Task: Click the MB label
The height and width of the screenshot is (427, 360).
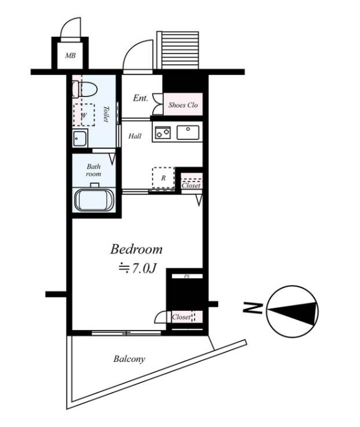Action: (x=70, y=56)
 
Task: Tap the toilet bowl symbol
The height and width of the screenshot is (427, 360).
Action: (x=85, y=88)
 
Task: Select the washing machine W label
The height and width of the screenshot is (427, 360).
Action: (x=84, y=116)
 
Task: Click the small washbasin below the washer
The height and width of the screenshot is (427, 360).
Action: (x=79, y=138)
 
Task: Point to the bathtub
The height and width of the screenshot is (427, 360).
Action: (x=94, y=200)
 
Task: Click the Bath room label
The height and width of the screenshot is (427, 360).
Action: (x=93, y=170)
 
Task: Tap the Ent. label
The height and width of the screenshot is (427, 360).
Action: (x=141, y=98)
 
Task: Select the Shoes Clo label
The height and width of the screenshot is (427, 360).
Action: (x=183, y=105)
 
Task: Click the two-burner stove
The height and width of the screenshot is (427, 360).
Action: (x=163, y=133)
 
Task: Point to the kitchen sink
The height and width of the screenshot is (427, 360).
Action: (x=188, y=133)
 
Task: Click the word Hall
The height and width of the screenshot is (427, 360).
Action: (x=135, y=136)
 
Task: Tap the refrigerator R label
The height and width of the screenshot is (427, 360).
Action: (x=163, y=178)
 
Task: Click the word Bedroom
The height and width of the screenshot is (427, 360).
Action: (x=136, y=249)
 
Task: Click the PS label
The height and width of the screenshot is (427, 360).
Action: (x=187, y=276)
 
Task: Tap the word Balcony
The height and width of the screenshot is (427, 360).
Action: (x=129, y=359)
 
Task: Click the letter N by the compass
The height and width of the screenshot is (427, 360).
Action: (x=252, y=308)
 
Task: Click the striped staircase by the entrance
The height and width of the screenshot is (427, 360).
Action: (x=178, y=50)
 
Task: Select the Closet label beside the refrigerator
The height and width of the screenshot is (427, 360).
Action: (x=191, y=186)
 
